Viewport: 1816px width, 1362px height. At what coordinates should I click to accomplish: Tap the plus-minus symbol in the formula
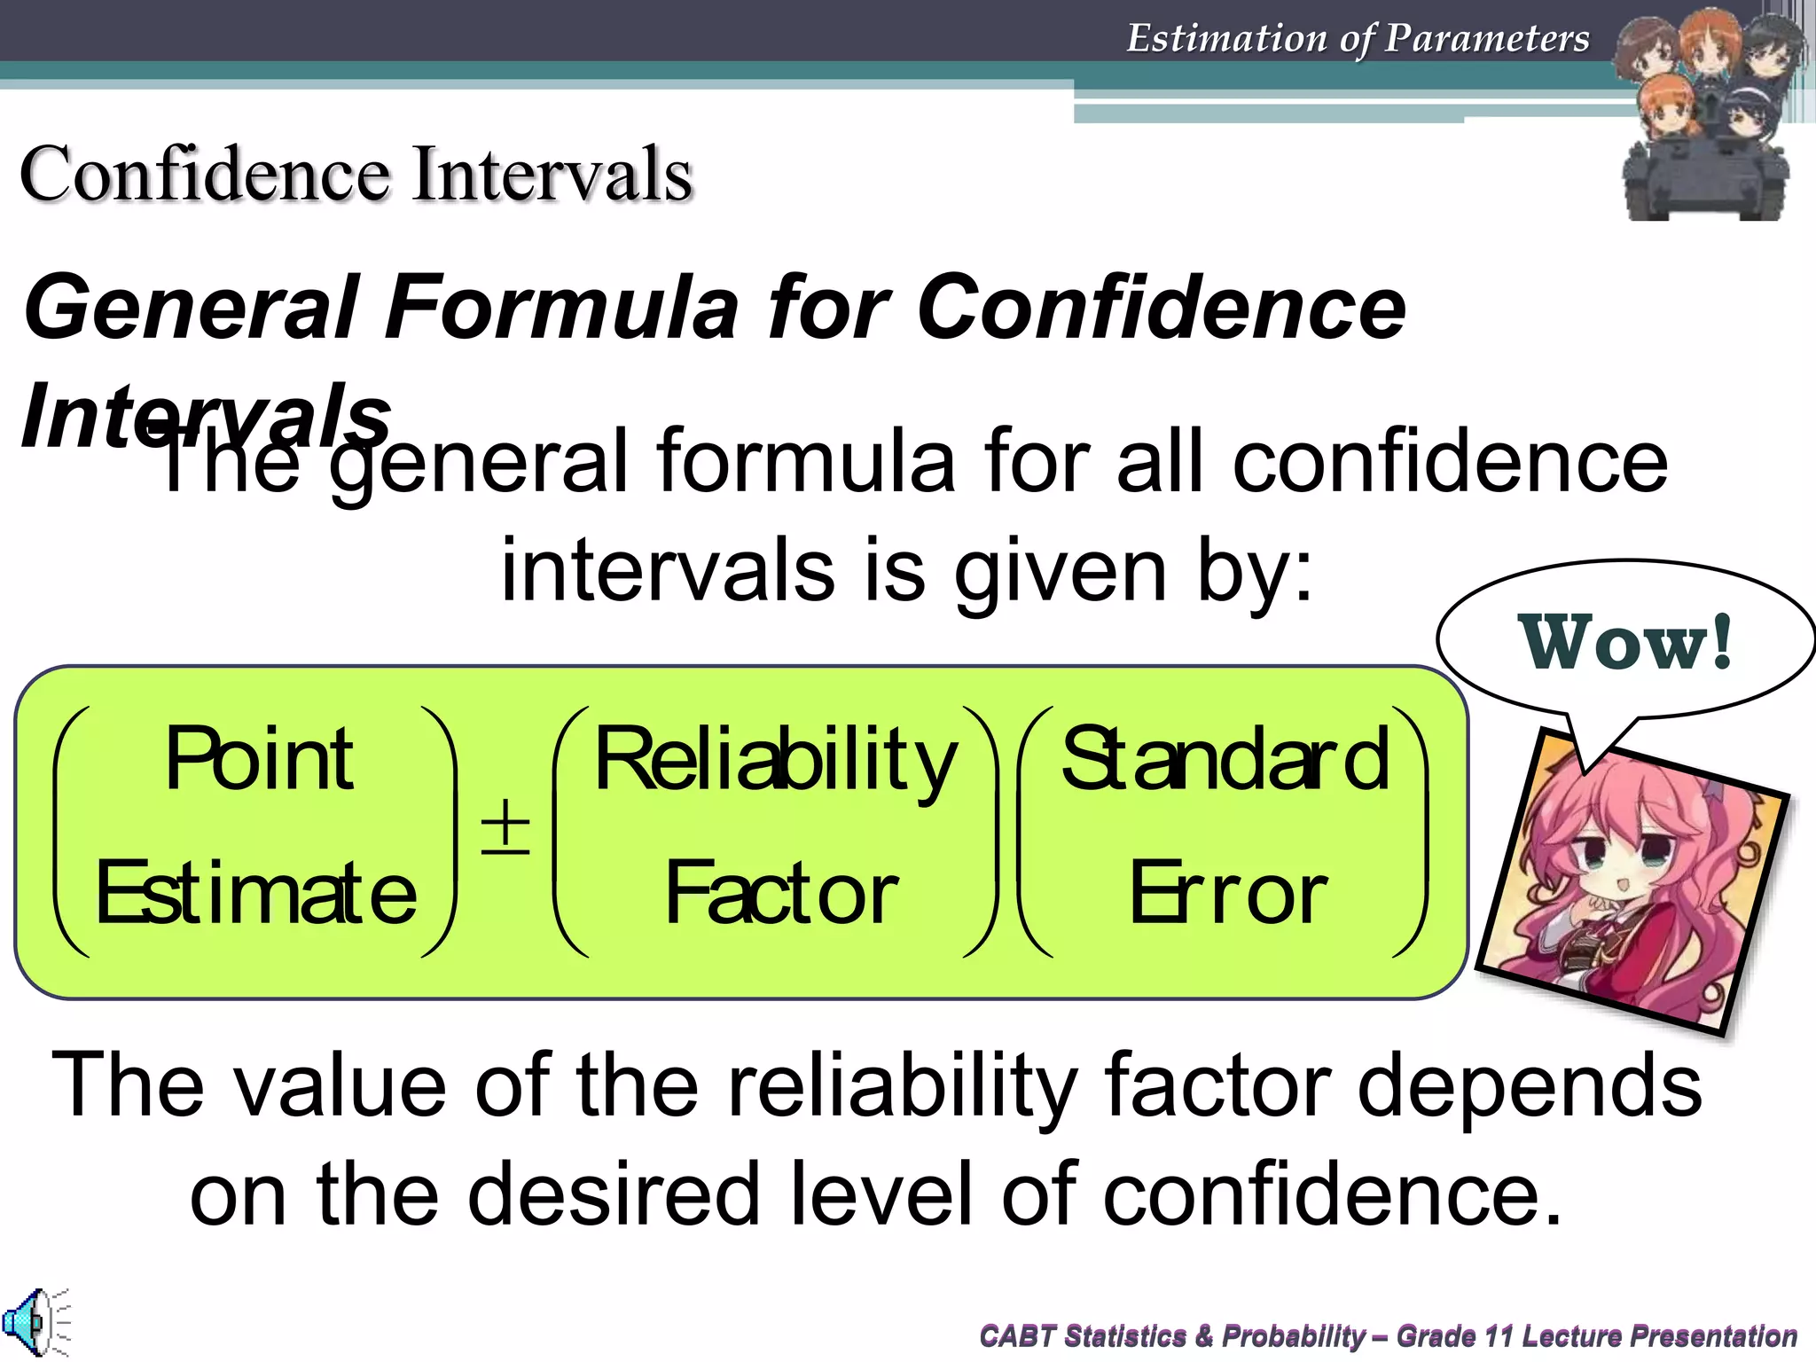click(x=505, y=826)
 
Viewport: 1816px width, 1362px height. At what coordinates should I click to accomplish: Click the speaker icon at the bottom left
click(x=33, y=1322)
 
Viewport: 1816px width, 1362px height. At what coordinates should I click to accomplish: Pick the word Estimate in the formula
click(x=255, y=893)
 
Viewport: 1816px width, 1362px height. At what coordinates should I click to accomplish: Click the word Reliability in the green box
click(x=775, y=761)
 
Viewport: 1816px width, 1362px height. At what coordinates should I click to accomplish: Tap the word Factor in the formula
click(x=781, y=894)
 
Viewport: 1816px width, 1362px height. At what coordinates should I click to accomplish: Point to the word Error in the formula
click(x=1227, y=894)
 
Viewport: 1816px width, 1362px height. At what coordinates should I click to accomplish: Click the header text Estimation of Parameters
click(x=1358, y=38)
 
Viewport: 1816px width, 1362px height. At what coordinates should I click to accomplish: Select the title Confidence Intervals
click(x=356, y=174)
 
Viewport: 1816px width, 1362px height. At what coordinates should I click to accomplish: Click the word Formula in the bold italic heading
click(x=560, y=307)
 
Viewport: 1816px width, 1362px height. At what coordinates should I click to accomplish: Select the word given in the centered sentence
click(x=1060, y=572)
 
